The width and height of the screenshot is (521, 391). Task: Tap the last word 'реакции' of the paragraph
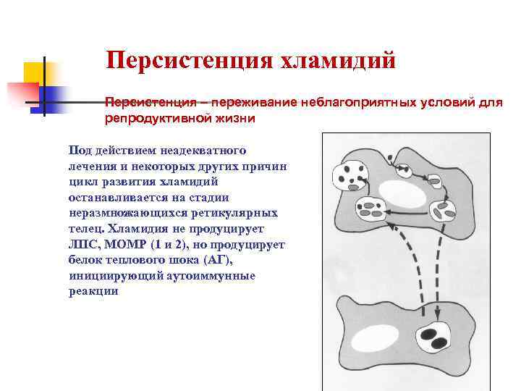[x=93, y=291]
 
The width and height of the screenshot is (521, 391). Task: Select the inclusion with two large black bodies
[x=434, y=337]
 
